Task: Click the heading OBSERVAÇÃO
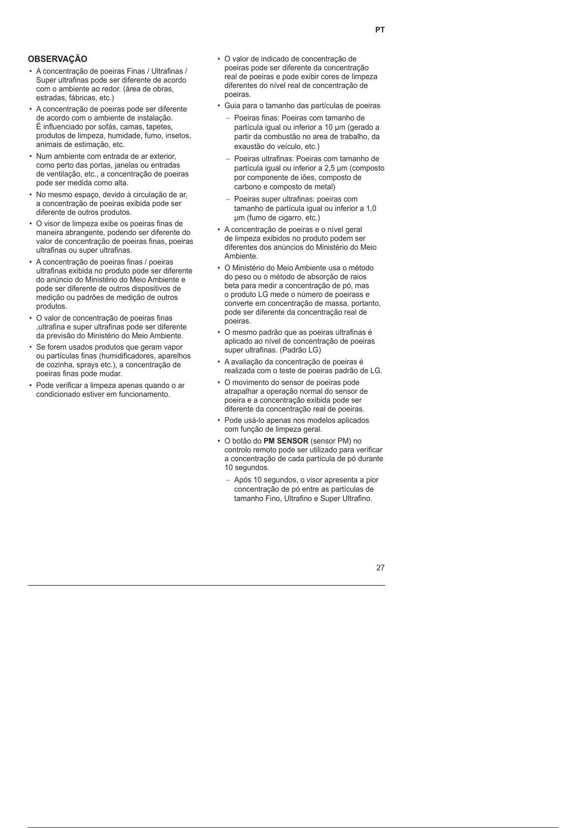[x=58, y=59]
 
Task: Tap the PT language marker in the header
[x=380, y=30]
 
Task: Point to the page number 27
[x=380, y=568]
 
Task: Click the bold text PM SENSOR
[x=286, y=441]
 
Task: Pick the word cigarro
[x=283, y=218]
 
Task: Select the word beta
[x=232, y=286]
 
